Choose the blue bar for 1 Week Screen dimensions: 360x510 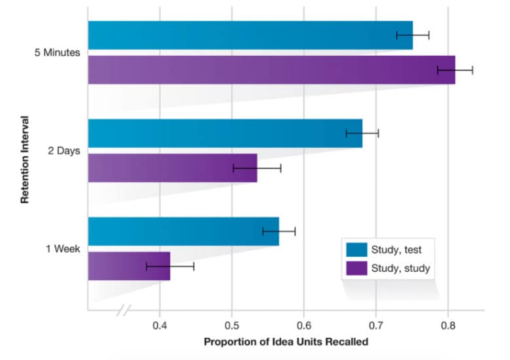click(x=183, y=231)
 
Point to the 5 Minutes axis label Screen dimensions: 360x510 click(x=57, y=53)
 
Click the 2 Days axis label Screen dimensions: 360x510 click(x=65, y=151)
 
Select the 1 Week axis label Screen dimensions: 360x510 click(x=63, y=249)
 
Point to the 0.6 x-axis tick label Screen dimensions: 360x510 click(x=303, y=325)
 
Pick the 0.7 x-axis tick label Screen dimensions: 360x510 click(x=375, y=325)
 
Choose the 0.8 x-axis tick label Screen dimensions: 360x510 click(x=447, y=325)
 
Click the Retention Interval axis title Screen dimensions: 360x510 click(x=25, y=159)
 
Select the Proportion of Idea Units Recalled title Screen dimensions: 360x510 click(x=286, y=342)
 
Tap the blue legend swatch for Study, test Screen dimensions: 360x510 click(x=356, y=249)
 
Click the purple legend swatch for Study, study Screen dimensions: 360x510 click(x=356, y=267)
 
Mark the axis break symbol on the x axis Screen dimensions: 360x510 click(x=124, y=310)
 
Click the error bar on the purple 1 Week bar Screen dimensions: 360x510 click(x=170, y=266)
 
